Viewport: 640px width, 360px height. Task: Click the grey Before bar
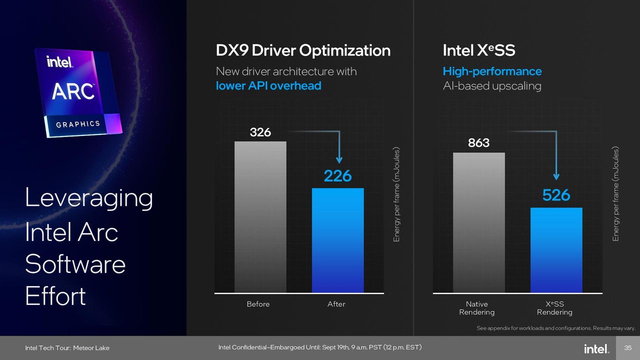(260, 217)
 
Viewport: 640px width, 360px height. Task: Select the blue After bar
(337, 240)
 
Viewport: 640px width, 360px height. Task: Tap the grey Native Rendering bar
(479, 222)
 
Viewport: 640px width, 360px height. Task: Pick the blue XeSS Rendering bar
(556, 250)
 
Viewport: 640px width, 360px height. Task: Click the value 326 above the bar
(260, 132)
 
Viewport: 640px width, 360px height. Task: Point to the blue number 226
(337, 175)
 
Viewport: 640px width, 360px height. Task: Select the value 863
(478, 143)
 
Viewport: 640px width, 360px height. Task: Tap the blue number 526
(556, 195)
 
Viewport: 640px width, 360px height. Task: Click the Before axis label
(258, 304)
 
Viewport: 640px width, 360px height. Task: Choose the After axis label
(336, 304)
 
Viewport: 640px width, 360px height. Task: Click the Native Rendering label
(477, 308)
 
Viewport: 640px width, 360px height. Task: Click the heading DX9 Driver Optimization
(303, 50)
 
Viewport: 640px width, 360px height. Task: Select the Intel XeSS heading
(479, 50)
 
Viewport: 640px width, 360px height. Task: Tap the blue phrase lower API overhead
(268, 85)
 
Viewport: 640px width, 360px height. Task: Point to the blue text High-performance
(492, 71)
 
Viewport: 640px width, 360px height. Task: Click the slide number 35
(627, 347)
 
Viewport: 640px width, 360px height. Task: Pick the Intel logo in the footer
(596, 348)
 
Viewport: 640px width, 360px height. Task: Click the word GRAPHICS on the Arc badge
(78, 124)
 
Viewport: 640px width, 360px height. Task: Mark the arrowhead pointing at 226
(339, 160)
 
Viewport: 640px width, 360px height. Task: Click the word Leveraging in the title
(89, 198)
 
